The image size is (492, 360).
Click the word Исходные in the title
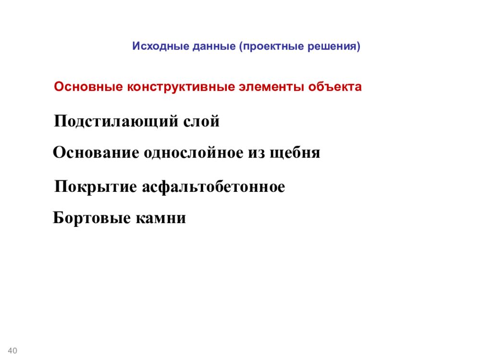(160, 47)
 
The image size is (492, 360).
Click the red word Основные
(88, 87)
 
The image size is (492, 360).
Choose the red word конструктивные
(180, 87)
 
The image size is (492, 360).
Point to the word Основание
(96, 153)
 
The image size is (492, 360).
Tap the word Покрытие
(96, 186)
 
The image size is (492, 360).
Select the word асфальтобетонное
(213, 186)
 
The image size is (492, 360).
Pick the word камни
(161, 219)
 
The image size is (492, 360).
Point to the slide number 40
(13, 351)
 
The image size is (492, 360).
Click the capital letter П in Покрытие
(61, 186)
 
